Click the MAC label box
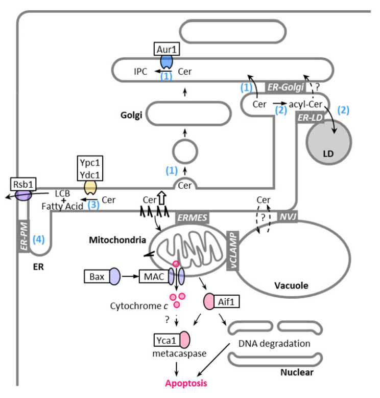[154, 277]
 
